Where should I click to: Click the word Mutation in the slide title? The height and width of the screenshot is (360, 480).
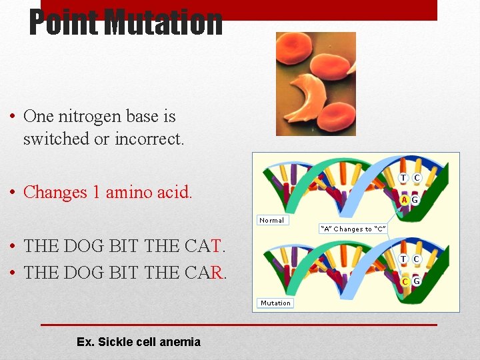coord(163,22)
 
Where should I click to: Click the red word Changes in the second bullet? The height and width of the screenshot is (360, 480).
coord(55,192)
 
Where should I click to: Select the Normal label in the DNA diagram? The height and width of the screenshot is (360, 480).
coord(271,220)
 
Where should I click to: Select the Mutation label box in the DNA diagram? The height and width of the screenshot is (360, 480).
coord(275,303)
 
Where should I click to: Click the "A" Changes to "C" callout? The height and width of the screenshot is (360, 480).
coord(353,229)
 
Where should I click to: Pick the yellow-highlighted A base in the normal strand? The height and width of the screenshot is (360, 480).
coord(404,199)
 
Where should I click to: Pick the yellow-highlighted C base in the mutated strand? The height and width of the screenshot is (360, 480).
coord(405,281)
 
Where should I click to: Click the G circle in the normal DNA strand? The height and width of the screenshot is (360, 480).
coord(415,199)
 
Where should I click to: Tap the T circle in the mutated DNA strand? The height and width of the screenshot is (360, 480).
coord(404,259)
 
